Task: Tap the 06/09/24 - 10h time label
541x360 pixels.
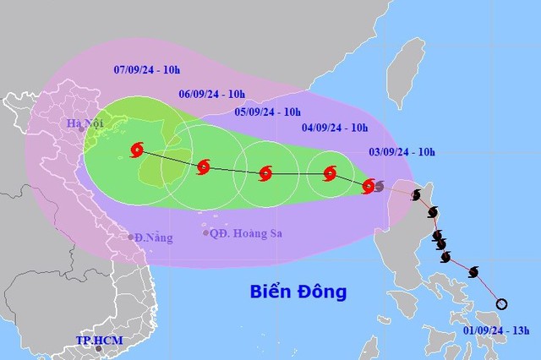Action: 212,94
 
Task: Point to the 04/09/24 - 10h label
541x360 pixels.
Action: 336,128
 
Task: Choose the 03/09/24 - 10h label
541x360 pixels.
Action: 403,152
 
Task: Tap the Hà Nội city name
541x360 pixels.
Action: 85,126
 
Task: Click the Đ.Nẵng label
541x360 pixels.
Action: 154,237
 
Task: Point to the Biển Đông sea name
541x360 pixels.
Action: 298,292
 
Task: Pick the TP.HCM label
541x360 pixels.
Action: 99,341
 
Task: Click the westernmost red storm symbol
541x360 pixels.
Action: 137,151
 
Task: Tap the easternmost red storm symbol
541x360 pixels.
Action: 368,186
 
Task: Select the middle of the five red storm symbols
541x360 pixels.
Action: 265,174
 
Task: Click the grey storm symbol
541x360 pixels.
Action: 378,186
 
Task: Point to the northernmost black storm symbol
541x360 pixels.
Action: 416,196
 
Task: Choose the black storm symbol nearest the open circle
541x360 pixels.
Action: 473,271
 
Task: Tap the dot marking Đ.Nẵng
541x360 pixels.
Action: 131,237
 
